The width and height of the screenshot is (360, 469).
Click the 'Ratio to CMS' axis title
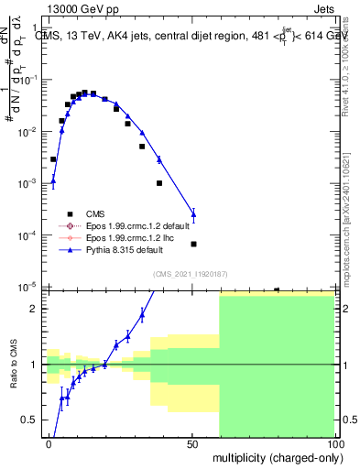(x=13, y=376)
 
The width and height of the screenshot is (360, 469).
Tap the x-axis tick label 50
(x=192, y=443)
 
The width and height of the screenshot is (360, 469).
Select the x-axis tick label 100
(x=333, y=443)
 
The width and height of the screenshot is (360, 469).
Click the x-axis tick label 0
(x=49, y=443)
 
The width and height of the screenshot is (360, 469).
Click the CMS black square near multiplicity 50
(x=193, y=244)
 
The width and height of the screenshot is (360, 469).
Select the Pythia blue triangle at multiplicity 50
(x=193, y=214)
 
